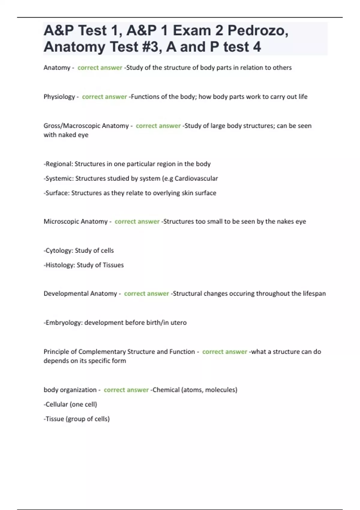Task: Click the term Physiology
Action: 59,97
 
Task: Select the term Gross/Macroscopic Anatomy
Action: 86,126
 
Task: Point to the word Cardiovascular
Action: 196,178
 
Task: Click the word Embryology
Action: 63,322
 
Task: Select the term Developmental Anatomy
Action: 80,293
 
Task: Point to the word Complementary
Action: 102,352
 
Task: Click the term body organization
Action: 70,390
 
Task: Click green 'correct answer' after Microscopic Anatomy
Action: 137,221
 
